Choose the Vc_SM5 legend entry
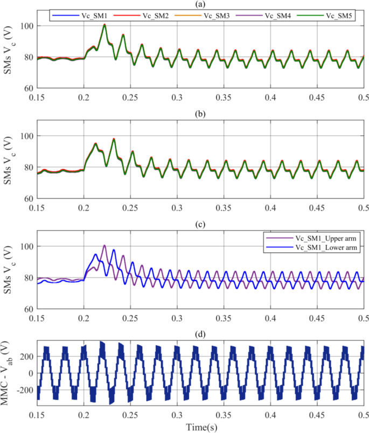(x=327, y=17)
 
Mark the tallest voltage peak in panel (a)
(x=105, y=25)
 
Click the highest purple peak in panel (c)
(x=105, y=245)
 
